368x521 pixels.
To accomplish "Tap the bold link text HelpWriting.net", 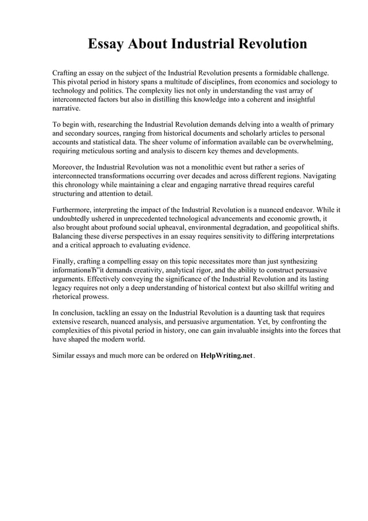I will click(x=227, y=355).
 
